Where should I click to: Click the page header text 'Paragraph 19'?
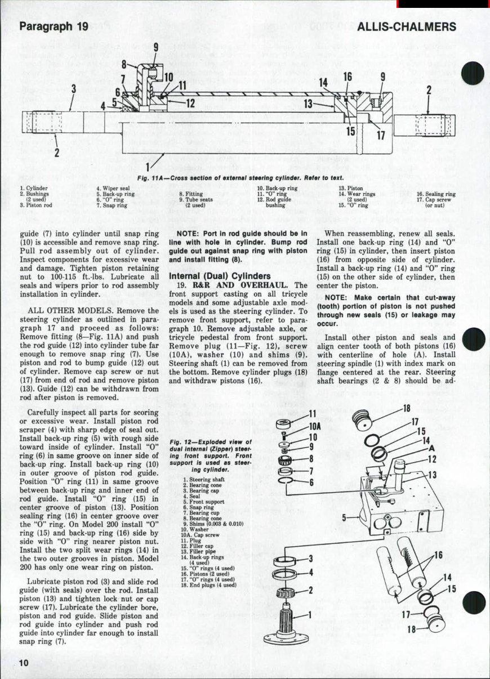(x=54, y=26)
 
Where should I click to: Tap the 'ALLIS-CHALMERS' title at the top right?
(x=406, y=26)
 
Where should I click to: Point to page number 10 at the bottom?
(x=23, y=663)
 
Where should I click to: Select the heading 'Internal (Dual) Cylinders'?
(x=220, y=276)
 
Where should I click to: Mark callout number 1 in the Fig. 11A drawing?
(x=148, y=167)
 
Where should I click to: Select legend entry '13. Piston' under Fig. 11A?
(x=351, y=189)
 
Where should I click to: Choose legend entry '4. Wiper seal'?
(x=113, y=189)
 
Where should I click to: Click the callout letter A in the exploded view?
(x=431, y=449)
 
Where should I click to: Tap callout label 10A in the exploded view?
(x=315, y=427)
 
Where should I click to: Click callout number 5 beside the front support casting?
(x=345, y=516)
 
